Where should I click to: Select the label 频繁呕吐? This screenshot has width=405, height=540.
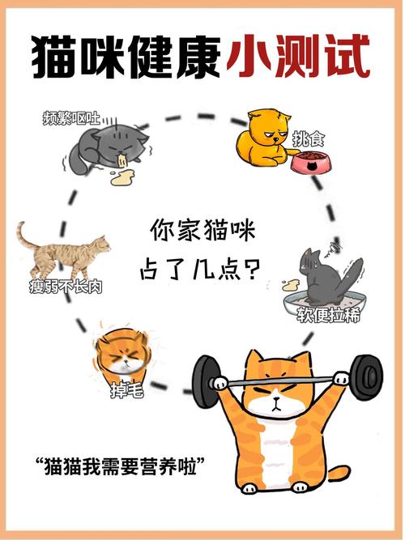pyautogui.click(x=71, y=118)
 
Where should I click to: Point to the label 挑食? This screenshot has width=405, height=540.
pyautogui.click(x=309, y=140)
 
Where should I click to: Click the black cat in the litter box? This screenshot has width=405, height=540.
pyautogui.click(x=328, y=275)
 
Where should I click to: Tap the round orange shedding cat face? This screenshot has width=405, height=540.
pyautogui.click(x=119, y=355)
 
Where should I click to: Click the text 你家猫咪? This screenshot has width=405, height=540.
pyautogui.click(x=202, y=231)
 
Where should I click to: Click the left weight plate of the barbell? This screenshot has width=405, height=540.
pyautogui.click(x=207, y=381)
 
